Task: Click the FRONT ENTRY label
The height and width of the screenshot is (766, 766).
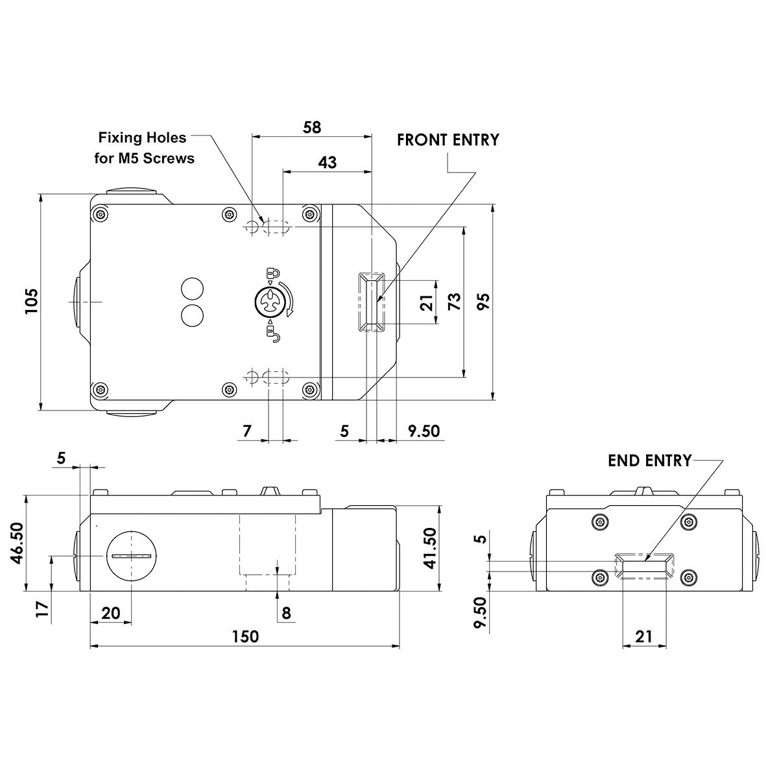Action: [448, 140]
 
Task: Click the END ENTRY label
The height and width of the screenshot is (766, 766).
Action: [649, 461]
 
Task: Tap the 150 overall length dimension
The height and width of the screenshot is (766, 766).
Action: [245, 636]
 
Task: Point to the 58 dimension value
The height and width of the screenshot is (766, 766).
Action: [312, 127]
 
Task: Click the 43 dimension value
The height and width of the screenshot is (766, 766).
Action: [328, 162]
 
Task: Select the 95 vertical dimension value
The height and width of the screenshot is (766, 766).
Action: [483, 302]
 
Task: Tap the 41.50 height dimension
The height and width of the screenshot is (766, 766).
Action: [430, 548]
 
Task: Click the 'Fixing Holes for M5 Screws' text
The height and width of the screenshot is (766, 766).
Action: [146, 147]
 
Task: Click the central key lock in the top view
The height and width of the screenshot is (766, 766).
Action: [269, 302]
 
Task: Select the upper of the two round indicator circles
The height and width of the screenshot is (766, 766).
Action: [191, 288]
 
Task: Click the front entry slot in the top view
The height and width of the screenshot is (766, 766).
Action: [372, 302]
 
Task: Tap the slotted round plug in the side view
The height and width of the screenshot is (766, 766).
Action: [132, 557]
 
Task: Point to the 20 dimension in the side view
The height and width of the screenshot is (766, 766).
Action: [110, 612]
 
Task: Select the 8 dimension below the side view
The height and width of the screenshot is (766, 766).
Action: [286, 612]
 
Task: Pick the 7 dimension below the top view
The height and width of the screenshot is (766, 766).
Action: [246, 431]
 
